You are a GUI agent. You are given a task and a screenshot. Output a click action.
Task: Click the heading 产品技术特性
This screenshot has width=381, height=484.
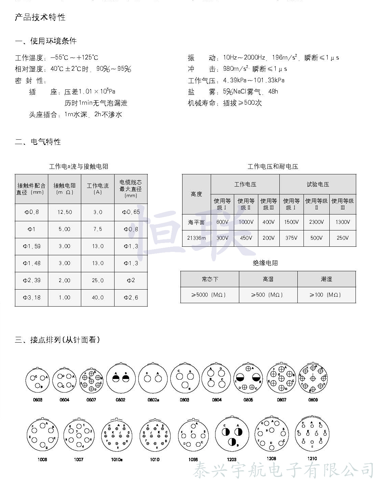click(40, 17)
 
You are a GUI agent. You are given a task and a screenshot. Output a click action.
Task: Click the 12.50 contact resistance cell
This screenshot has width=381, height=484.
click(65, 212)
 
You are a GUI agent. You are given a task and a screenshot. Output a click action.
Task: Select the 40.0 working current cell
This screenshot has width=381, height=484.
click(98, 298)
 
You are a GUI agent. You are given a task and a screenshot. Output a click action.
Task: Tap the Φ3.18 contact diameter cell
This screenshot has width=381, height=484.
click(32, 298)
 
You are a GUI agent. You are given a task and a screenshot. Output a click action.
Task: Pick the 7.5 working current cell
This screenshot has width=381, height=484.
click(98, 229)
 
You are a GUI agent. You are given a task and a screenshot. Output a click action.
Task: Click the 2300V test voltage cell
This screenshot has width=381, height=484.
click(316, 222)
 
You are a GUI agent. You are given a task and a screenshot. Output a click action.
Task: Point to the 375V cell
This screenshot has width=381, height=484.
click(291, 238)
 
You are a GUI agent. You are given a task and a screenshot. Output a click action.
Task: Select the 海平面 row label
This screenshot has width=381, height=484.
click(196, 222)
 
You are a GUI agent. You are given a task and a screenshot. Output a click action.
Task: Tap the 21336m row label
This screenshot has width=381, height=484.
click(196, 238)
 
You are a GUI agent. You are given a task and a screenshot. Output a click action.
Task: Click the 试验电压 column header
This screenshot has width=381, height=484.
click(318, 184)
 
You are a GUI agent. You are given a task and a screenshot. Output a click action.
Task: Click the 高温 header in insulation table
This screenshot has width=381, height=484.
click(268, 279)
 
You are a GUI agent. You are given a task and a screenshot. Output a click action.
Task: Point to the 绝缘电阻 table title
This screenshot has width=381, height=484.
click(265, 263)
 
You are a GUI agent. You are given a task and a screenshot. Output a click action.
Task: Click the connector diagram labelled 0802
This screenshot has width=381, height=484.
click(121, 378)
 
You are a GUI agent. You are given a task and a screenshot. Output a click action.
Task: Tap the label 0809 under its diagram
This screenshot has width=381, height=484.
click(313, 400)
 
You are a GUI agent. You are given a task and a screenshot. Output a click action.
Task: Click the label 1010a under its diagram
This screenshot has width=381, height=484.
click(117, 460)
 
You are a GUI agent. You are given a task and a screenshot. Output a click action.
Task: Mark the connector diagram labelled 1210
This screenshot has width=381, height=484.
click(312, 435)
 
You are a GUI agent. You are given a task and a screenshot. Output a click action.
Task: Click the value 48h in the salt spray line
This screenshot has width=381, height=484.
click(273, 91)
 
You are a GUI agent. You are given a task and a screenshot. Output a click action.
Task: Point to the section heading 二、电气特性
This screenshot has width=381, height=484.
click(38, 142)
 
